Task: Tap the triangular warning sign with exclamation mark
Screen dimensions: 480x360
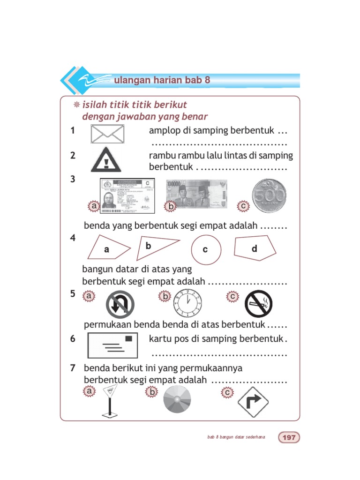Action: pos(106,160)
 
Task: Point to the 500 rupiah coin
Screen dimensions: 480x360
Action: pos(270,194)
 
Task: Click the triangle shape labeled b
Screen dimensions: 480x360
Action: pos(154,247)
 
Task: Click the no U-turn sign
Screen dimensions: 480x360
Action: pos(120,304)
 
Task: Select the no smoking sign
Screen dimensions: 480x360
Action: pos(258,304)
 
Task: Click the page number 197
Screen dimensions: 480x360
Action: pos(289,437)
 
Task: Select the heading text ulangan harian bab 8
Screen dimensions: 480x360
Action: pos(161,80)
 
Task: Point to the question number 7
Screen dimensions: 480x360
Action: pos(73,368)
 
